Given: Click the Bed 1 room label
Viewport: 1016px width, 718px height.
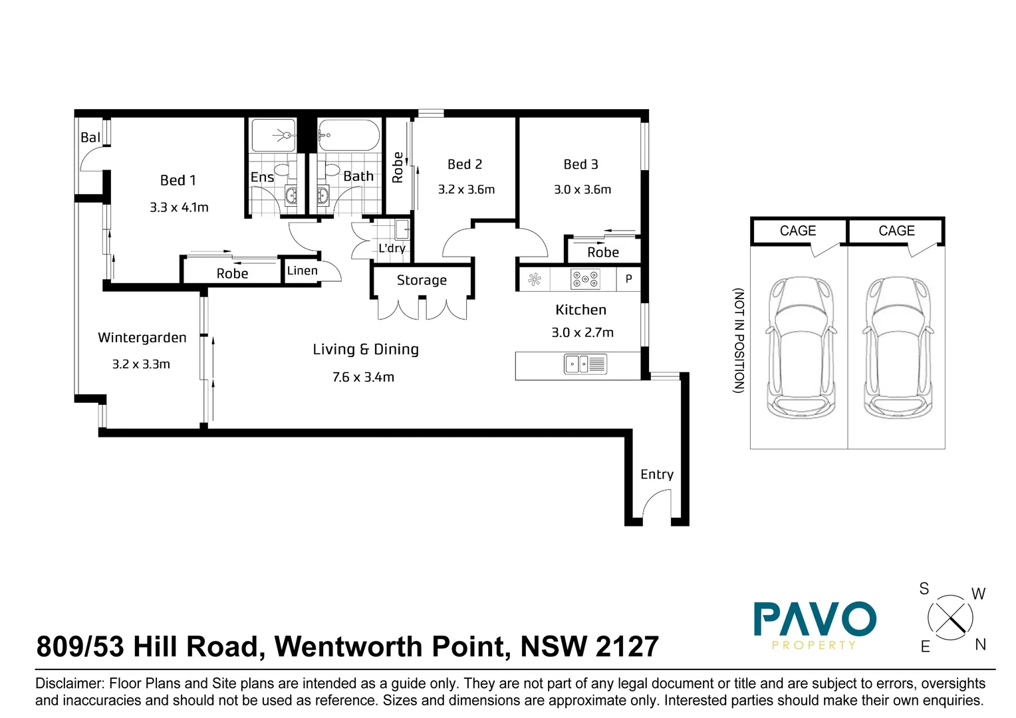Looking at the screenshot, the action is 178,181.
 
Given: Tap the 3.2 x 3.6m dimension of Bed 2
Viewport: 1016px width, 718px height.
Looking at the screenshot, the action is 466,189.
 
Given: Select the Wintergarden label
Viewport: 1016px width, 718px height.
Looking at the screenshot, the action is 142,338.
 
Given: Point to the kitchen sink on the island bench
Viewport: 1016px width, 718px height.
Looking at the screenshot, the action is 585,364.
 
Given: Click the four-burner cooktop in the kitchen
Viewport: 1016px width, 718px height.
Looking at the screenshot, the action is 585,279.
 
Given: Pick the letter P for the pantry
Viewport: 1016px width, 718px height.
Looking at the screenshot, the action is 628,279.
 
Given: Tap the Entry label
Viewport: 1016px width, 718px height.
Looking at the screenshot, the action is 657,475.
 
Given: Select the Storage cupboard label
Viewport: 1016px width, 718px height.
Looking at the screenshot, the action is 422,281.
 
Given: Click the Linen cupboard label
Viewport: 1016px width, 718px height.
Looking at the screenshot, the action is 302,271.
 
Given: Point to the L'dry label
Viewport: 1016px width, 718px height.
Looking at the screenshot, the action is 392,248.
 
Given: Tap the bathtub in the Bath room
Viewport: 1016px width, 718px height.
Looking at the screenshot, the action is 348,135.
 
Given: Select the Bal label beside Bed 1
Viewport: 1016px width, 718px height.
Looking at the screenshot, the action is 90,138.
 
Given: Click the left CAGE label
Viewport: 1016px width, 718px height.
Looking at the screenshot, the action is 798,231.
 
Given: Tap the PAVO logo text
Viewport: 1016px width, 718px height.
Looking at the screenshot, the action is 815,619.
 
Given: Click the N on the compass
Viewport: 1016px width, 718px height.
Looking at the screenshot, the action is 981,644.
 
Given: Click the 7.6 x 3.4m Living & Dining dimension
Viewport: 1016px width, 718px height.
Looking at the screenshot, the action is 363,378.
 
